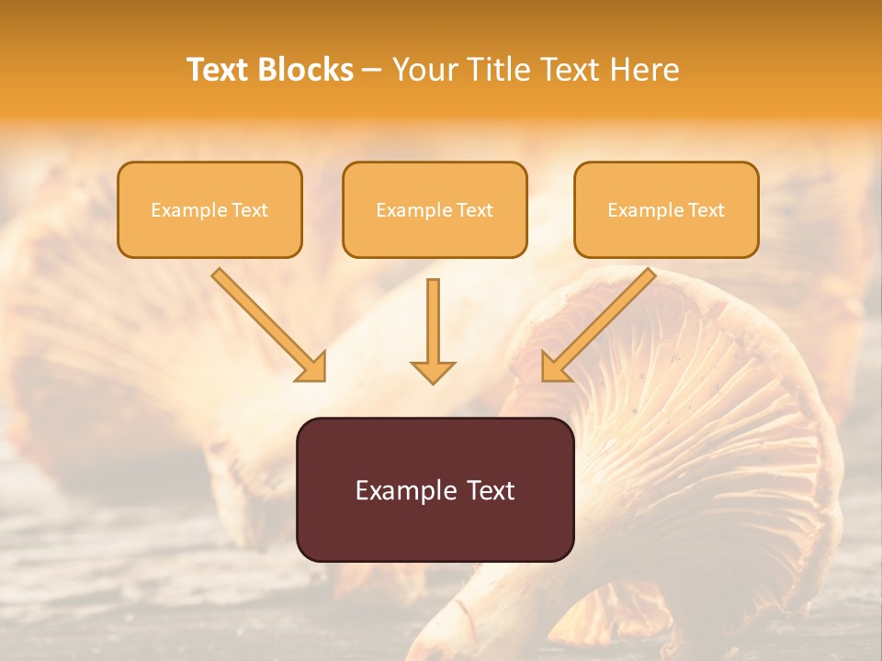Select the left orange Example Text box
(209, 209)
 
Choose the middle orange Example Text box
(435, 209)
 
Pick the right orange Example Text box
(666, 209)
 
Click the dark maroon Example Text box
(435, 489)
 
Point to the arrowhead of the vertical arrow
(434, 372)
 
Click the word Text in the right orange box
(706, 210)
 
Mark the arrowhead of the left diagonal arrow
(312, 368)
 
